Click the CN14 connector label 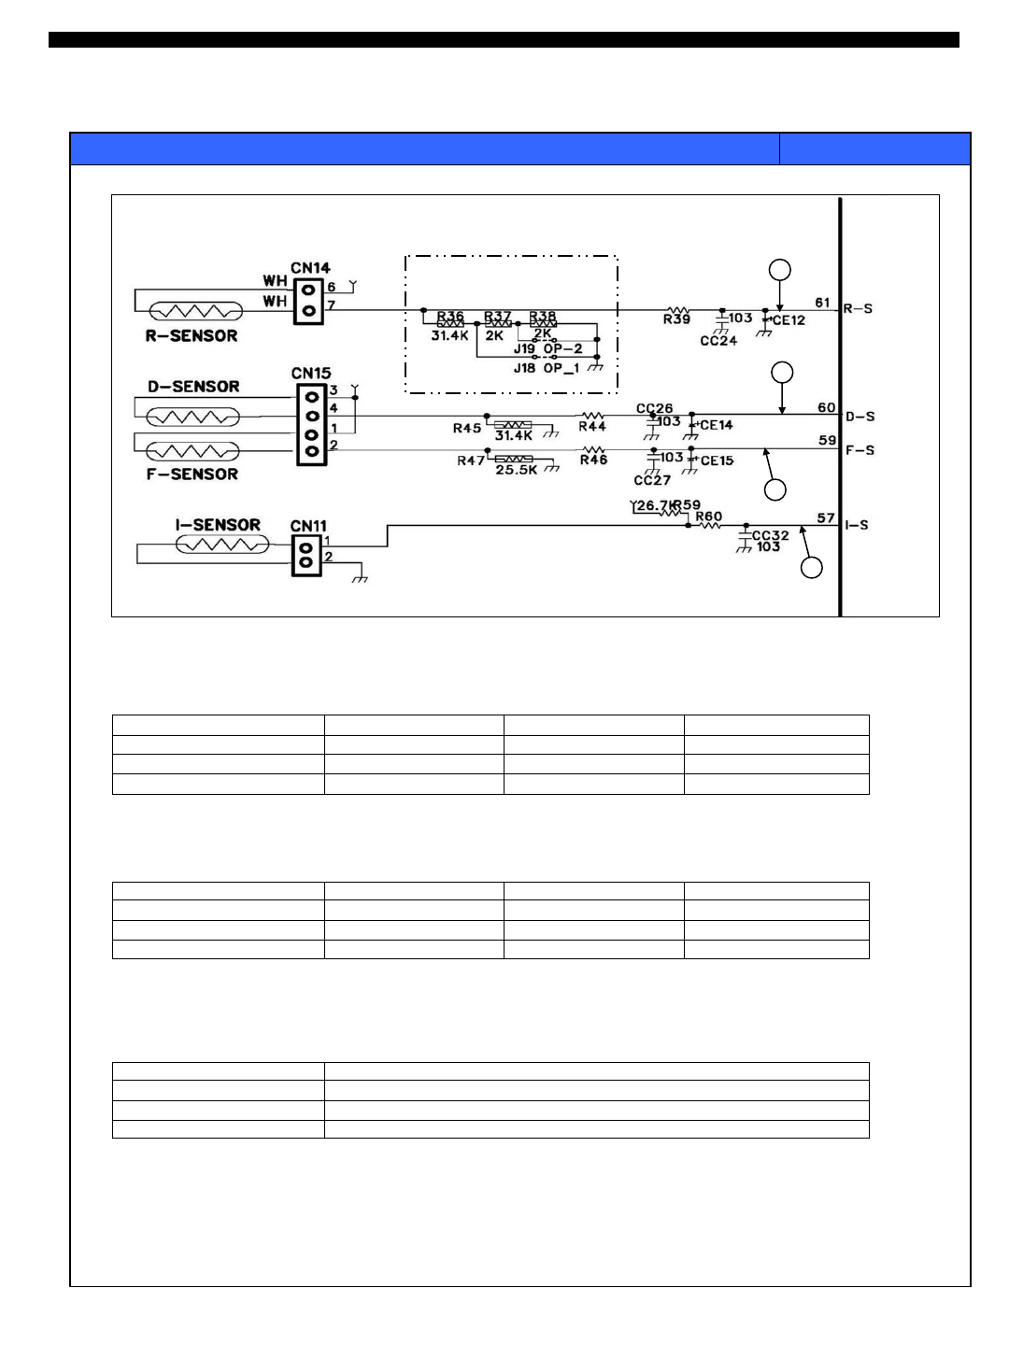click(310, 268)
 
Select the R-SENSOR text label click(192, 336)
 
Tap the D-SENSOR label click(193, 387)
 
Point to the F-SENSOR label click(192, 474)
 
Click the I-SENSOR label click(218, 525)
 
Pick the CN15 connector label click(311, 374)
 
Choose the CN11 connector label click(308, 526)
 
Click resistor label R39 click(676, 320)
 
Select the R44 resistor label click(592, 427)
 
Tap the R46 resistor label click(593, 460)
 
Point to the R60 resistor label click(709, 517)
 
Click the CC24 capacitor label click(718, 341)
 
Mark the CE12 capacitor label click(789, 320)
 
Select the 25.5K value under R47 click(517, 470)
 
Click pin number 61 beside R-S click(822, 303)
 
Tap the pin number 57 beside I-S click(826, 517)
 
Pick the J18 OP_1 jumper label click(547, 368)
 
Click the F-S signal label click(860, 450)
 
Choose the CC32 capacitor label click(771, 535)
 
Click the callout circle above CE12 click(779, 270)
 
